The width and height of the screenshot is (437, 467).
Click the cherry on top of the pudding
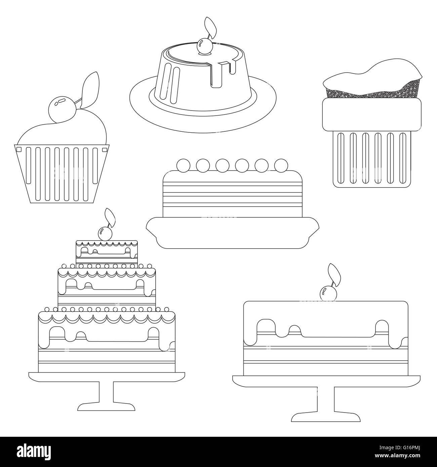[204, 45]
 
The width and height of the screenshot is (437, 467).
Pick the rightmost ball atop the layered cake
[281, 165]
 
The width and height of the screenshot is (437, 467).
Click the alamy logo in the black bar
[33, 452]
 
